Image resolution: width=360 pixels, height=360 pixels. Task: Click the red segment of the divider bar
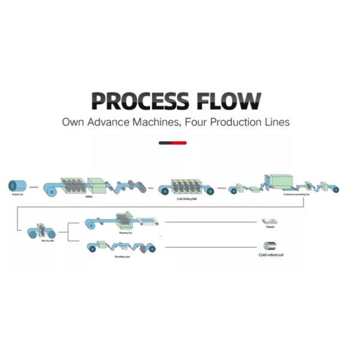[x=179, y=143]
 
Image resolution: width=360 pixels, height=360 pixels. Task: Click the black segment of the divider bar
[x=166, y=143]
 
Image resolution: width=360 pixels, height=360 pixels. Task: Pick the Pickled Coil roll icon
[x=17, y=186]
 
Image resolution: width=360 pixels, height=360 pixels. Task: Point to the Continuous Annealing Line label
[x=296, y=194]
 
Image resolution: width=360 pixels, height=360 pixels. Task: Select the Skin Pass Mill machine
[x=42, y=230]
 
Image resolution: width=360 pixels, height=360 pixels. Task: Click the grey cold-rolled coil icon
[x=269, y=245]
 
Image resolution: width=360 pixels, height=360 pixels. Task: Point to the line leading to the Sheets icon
[x=210, y=222]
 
